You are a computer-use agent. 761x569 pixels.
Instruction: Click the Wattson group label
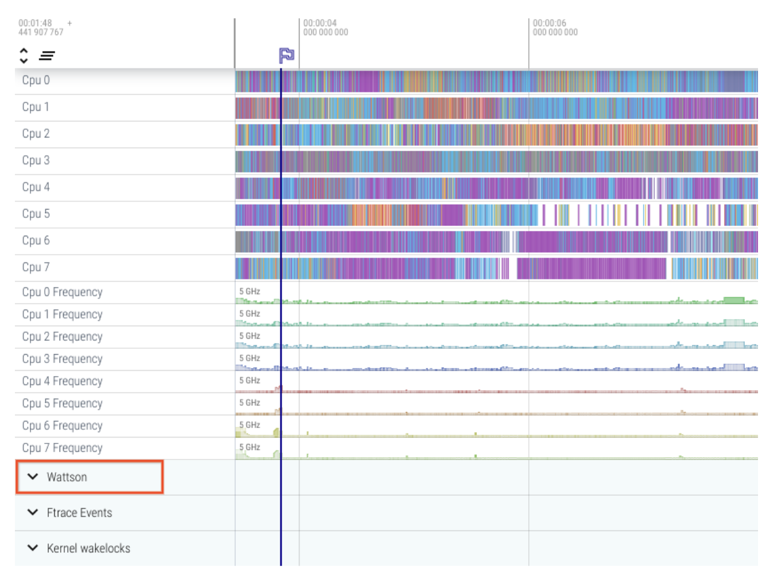[x=67, y=477]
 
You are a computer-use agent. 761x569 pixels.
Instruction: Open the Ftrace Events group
[x=79, y=513]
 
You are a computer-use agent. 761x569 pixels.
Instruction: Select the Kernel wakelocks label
[x=88, y=549]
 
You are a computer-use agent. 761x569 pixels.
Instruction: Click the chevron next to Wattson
[x=33, y=477]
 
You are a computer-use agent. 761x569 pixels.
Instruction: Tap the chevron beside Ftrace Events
[x=33, y=512]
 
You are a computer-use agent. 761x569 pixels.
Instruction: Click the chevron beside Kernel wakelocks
[x=33, y=548]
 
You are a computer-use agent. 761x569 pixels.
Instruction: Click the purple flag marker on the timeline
[x=286, y=55]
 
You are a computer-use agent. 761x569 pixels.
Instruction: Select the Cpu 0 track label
[x=36, y=80]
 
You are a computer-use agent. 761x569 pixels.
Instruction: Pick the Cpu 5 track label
[x=36, y=214]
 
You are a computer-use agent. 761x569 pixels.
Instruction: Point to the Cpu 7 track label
[x=36, y=267]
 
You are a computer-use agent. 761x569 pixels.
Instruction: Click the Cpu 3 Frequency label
[x=62, y=359]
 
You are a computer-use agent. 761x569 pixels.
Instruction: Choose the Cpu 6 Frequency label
[x=62, y=426]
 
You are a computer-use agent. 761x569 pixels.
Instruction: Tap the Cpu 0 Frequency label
[x=62, y=292]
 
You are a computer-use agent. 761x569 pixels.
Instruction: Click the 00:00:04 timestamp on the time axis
[x=320, y=23]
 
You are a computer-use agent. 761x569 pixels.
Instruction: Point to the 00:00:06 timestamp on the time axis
[x=549, y=23]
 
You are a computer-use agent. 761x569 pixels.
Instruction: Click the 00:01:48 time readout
[x=35, y=23]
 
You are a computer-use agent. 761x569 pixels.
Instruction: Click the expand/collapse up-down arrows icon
[x=24, y=56]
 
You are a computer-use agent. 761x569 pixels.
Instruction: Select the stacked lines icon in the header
[x=47, y=56]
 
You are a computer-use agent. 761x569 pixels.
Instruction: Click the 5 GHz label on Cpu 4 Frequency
[x=249, y=380]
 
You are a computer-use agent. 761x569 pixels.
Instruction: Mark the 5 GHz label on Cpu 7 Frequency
[x=249, y=447]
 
